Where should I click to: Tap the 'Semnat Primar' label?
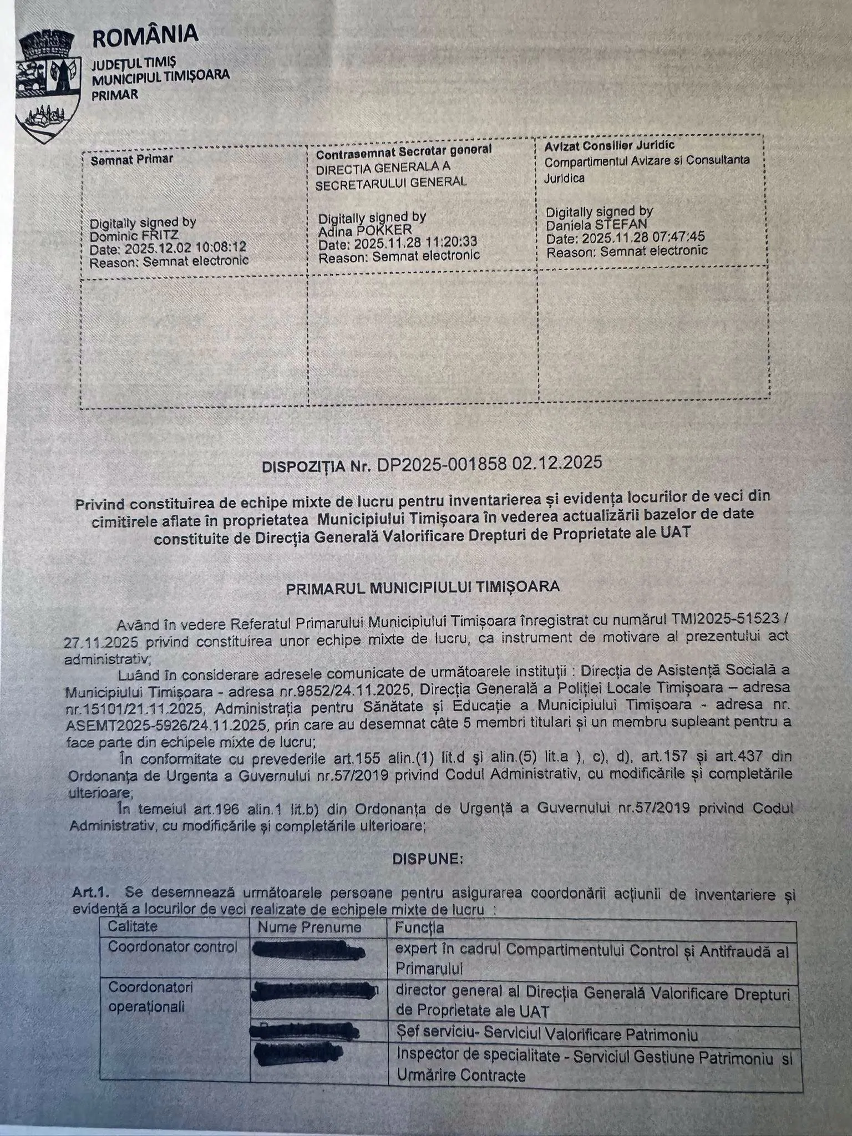tap(132, 160)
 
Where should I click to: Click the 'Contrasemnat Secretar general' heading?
tap(403, 150)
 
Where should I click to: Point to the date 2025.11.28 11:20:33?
tap(415, 243)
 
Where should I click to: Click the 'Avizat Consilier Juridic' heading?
tap(609, 145)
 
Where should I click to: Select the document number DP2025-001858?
tap(442, 464)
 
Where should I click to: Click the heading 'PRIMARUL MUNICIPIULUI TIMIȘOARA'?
tap(422, 587)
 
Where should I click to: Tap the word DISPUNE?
tap(427, 859)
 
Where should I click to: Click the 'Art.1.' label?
tap(90, 893)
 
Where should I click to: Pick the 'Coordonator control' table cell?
tap(173, 947)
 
